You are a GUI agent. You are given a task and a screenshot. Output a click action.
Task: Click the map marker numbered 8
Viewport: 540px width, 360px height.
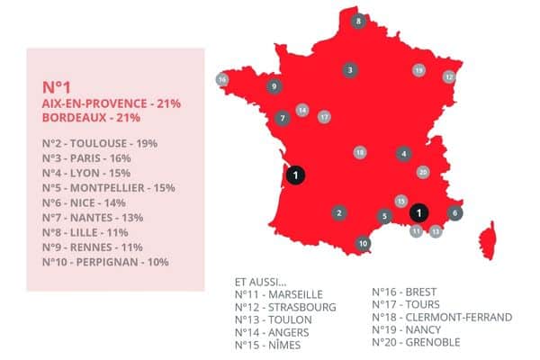358,21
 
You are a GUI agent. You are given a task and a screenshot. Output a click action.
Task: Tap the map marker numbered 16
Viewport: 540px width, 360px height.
222,79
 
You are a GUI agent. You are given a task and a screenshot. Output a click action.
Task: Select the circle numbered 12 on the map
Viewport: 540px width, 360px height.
448,77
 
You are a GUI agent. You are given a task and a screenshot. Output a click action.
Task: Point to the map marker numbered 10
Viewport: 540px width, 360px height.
363,243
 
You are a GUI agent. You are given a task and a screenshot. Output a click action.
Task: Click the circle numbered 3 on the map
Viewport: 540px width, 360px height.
349,69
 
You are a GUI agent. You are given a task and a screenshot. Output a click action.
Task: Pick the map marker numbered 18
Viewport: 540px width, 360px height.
360,153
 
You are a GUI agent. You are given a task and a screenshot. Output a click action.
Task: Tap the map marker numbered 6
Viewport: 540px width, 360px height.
455,212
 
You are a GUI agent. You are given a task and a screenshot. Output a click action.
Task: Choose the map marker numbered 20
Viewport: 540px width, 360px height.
423,172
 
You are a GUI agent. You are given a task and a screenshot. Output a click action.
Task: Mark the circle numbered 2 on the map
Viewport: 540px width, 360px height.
338,213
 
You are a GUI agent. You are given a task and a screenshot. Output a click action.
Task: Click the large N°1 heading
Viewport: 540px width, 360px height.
57,87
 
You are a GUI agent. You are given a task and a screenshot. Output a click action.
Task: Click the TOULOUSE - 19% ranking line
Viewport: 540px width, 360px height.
100,142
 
